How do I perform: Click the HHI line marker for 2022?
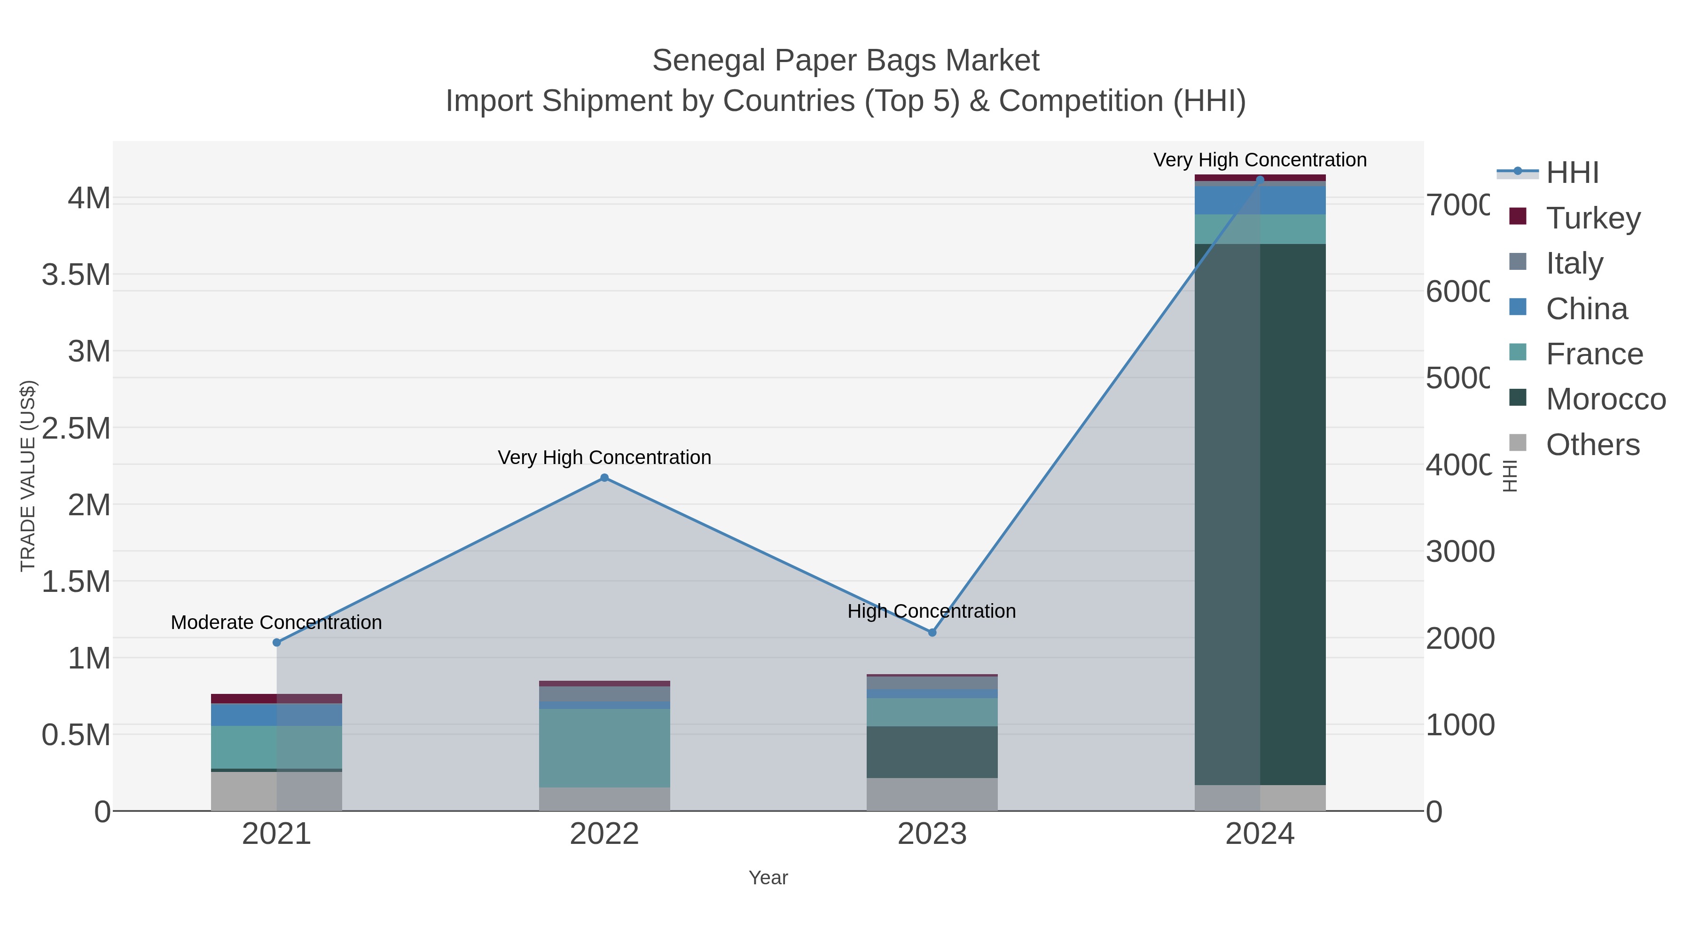604,478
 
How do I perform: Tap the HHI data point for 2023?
932,632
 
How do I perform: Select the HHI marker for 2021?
276,643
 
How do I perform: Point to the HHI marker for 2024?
1260,180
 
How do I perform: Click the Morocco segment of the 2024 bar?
1260,512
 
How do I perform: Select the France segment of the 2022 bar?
604,747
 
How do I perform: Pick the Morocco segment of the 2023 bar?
932,752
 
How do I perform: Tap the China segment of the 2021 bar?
276,715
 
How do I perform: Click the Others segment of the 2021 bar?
276,791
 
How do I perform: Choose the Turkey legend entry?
1593,218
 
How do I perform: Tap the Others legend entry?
1592,445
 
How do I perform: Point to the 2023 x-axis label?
932,834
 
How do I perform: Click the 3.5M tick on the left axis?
76,275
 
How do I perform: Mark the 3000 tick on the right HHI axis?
1459,552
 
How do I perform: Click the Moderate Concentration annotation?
276,622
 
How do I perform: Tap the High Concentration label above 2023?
932,611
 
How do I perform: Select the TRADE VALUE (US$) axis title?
28,476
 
